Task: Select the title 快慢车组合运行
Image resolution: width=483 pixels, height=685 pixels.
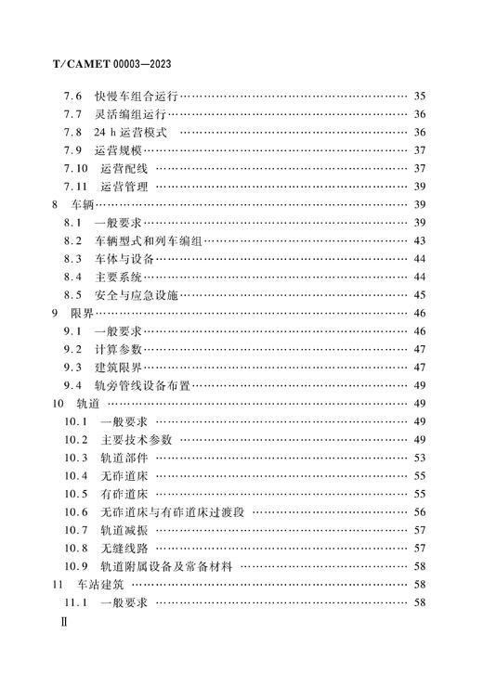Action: point(136,96)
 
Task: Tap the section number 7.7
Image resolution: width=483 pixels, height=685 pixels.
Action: point(73,114)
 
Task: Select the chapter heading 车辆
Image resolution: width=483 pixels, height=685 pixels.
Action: point(82,204)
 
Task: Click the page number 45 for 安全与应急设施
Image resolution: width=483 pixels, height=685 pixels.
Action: point(419,295)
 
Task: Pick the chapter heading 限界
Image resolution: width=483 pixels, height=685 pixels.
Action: point(82,313)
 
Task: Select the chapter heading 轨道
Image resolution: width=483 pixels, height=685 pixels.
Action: point(88,404)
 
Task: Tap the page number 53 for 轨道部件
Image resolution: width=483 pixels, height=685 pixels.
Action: point(419,458)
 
